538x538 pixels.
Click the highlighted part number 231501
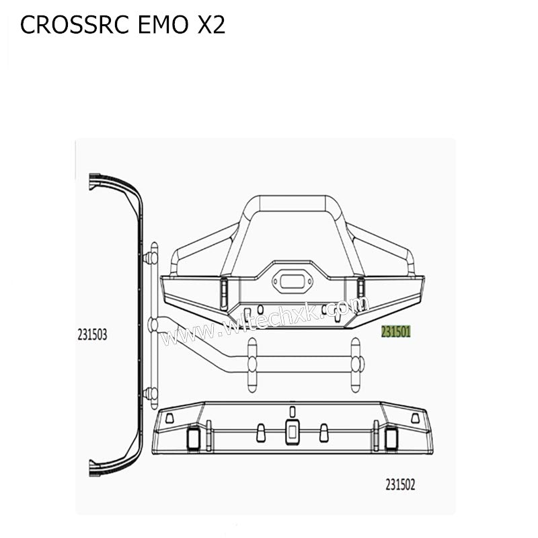(396, 332)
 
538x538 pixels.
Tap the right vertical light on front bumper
(360, 289)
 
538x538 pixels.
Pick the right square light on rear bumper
(391, 436)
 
